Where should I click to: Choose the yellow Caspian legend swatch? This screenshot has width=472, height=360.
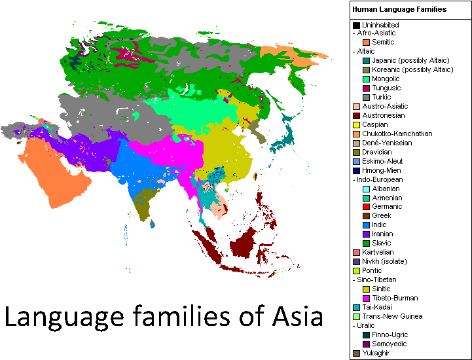356,125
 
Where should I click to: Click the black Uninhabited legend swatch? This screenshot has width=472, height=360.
356,25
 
